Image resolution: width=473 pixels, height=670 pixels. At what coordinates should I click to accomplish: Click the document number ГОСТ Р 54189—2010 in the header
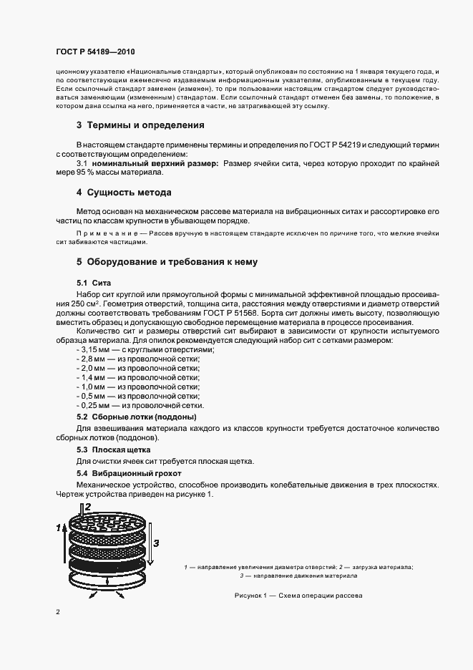tap(95, 52)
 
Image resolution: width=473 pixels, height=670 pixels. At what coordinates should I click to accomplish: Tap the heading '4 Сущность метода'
tap(123, 193)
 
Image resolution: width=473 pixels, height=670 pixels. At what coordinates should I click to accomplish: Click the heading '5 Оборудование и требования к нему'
tap(167, 262)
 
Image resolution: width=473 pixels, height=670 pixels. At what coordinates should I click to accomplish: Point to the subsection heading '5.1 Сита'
tap(94, 283)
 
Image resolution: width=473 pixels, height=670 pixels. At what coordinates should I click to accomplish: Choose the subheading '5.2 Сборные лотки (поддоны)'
tap(136, 417)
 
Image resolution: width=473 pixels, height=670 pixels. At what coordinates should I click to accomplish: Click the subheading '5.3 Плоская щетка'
tap(109, 450)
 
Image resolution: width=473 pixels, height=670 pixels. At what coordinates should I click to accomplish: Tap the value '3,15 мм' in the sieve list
tap(93, 349)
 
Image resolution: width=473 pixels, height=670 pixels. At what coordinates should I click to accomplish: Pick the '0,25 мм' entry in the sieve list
tap(93, 405)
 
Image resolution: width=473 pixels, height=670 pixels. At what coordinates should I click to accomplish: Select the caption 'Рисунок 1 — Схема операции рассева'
tap(299, 596)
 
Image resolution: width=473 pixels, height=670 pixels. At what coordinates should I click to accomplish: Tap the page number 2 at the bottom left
tap(58, 612)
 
